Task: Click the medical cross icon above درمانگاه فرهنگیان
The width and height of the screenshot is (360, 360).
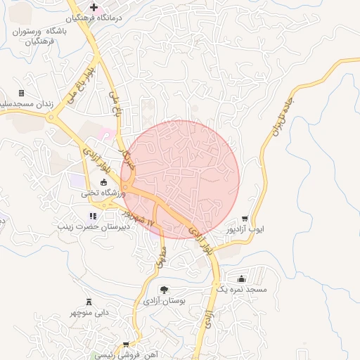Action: (x=94, y=6)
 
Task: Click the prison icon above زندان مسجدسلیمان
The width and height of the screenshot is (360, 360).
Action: (x=21, y=93)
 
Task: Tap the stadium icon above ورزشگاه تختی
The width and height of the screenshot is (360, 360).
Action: (x=104, y=182)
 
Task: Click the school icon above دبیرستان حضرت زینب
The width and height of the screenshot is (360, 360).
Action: (x=92, y=216)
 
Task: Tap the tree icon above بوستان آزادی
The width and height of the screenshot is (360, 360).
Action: (x=164, y=290)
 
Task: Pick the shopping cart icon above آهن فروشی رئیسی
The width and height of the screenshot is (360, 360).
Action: (x=126, y=345)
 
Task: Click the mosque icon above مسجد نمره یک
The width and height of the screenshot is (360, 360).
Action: (x=242, y=278)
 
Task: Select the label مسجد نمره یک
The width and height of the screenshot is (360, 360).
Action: (x=241, y=290)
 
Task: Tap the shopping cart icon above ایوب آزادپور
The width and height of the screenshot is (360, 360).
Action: (x=244, y=219)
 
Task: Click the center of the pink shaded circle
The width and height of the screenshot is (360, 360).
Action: (x=180, y=179)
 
